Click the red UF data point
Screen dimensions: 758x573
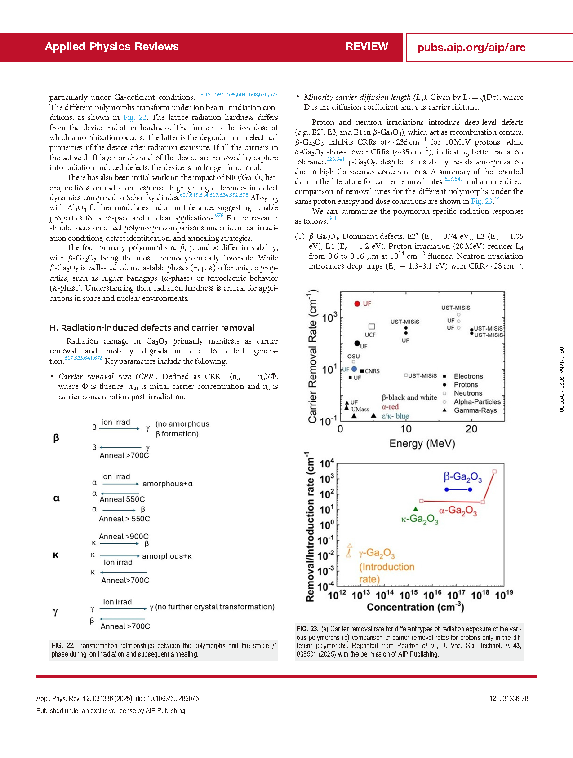pos(357,304)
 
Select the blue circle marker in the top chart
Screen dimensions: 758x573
pos(354,369)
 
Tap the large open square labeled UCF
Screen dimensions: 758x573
pos(372,326)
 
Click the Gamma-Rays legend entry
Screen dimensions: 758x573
pos(475,410)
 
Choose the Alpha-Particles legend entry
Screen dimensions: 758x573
pos(477,402)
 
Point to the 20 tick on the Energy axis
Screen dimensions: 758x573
pos(471,429)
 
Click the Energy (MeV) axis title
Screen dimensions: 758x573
pos(422,444)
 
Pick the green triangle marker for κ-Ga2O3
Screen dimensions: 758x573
pos(416,509)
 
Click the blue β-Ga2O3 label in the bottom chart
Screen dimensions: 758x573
pos(462,477)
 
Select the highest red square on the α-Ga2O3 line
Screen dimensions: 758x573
pos(494,472)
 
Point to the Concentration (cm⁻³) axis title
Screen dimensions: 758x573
pos(415,607)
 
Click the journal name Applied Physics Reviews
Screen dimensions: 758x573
pos(112,47)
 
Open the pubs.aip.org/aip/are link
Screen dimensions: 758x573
pos(471,48)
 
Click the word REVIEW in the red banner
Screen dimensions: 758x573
pos(367,47)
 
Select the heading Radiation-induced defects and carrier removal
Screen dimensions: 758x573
pos(152,328)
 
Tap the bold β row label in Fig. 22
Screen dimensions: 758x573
pos(56,438)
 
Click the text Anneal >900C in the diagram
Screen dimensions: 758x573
pos(124,537)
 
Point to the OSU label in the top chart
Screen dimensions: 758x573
pos(354,357)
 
